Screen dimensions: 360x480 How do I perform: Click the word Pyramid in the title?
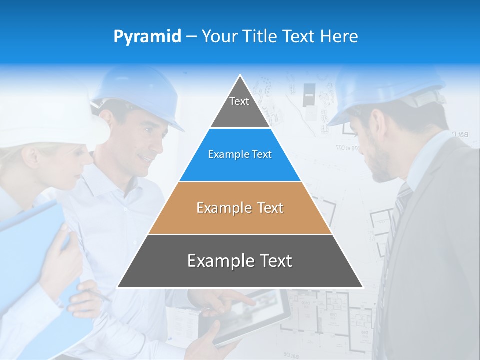147,37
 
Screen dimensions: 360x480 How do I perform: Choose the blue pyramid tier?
240,155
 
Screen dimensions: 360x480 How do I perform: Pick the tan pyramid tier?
240,208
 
